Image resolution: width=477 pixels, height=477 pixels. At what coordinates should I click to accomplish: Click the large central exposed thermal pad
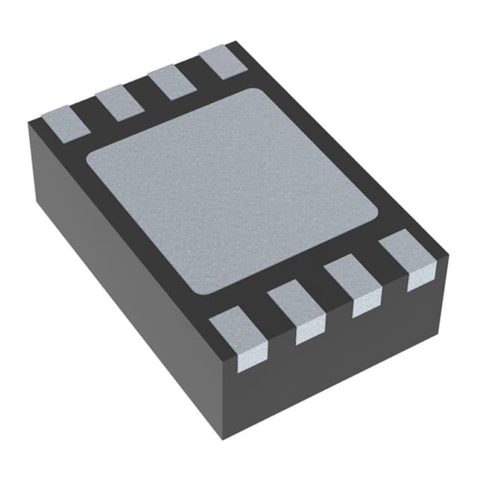(x=232, y=189)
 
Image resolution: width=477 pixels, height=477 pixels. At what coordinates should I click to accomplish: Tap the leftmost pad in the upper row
(x=66, y=124)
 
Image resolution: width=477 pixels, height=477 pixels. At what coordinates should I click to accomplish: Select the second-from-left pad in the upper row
(x=119, y=102)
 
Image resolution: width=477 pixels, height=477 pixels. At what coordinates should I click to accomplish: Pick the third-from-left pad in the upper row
(x=171, y=82)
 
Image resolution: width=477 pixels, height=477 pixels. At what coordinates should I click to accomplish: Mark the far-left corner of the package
(x=29, y=124)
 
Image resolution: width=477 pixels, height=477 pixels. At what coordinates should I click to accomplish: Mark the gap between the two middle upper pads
(x=145, y=92)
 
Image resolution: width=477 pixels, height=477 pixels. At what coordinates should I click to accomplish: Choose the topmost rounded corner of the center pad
(x=257, y=92)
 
